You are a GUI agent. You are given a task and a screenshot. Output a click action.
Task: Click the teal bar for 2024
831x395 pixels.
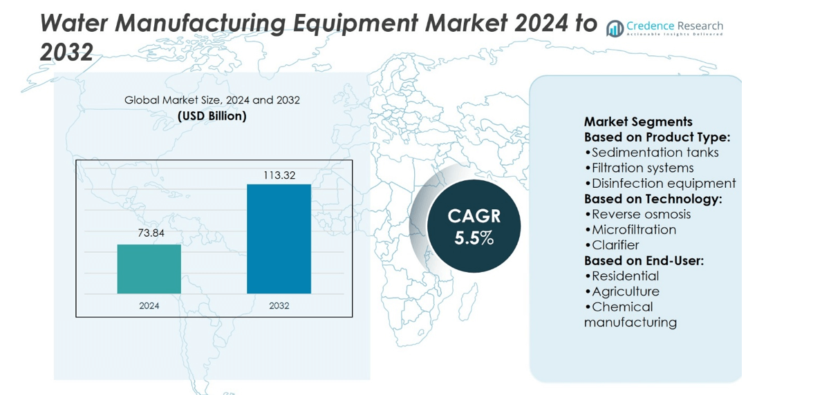pyautogui.click(x=149, y=269)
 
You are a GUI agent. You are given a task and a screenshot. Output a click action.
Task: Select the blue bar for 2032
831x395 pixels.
pyautogui.click(x=279, y=238)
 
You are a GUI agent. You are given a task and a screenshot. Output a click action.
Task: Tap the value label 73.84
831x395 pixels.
pyautogui.click(x=151, y=233)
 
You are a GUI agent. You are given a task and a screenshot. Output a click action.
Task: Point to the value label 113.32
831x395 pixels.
pyautogui.click(x=279, y=175)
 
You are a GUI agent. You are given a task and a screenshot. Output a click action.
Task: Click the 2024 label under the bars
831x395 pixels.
pyautogui.click(x=149, y=305)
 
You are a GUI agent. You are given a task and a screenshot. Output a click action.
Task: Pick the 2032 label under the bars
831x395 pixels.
pyautogui.click(x=279, y=305)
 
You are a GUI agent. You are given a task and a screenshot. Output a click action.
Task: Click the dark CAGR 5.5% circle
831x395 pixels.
pyautogui.click(x=474, y=227)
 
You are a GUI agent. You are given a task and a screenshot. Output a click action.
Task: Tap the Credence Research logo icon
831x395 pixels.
pyautogui.click(x=615, y=28)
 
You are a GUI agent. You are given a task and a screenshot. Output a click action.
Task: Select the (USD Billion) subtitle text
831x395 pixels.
pyautogui.click(x=212, y=116)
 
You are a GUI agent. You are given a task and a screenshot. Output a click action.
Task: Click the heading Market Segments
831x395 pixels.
pyautogui.click(x=638, y=122)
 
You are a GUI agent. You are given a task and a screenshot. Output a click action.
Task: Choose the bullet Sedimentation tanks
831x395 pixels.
pyautogui.click(x=652, y=153)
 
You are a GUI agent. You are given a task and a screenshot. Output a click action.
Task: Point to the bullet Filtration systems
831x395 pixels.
pyautogui.click(x=639, y=168)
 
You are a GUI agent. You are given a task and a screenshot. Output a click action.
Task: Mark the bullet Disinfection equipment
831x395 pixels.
pyautogui.click(x=660, y=183)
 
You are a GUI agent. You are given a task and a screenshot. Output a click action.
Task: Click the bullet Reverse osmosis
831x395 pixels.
pyautogui.click(x=637, y=214)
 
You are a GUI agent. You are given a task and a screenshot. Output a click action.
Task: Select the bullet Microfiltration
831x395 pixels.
pyautogui.click(x=631, y=229)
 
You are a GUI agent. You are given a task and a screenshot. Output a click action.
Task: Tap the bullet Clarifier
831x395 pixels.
pyautogui.click(x=612, y=245)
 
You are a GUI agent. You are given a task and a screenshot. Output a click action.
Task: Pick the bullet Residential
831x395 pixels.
pyautogui.click(x=622, y=276)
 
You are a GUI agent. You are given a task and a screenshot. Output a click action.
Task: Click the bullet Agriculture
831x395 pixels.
pyautogui.click(x=622, y=291)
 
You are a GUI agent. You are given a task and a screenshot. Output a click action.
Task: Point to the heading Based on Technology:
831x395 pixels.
pyautogui.click(x=653, y=199)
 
